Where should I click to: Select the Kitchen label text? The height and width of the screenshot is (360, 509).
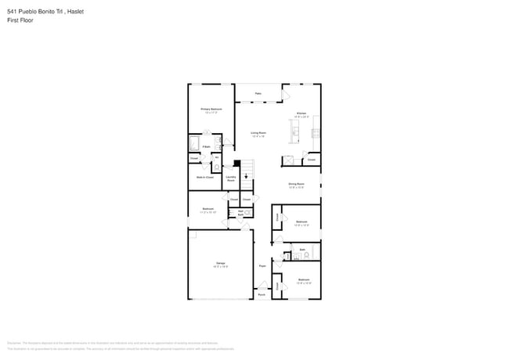click(301, 114)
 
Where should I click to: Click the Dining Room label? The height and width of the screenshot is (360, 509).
click(296, 184)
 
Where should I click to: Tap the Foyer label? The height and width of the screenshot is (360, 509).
click(262, 266)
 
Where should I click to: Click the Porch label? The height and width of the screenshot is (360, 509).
click(262, 294)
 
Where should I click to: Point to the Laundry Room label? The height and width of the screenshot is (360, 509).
click(231, 178)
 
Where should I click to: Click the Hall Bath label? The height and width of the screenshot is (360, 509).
click(240, 211)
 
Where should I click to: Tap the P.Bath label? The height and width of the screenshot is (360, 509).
click(206, 146)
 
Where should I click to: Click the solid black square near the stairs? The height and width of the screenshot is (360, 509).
click(236, 163)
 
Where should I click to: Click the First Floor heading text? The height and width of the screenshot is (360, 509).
click(20, 20)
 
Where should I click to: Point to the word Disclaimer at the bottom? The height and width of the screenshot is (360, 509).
click(14, 343)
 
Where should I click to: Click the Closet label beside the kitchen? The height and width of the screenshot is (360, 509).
click(311, 160)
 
